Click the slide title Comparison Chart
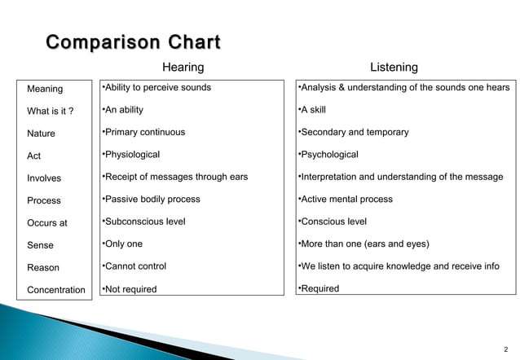133,42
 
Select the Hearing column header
183,68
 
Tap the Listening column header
394,68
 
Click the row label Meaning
45,89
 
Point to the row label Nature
42,134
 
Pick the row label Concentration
56,290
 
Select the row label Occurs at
47,223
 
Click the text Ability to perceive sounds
156,88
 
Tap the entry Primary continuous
143,132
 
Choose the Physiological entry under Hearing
130,155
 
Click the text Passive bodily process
150,200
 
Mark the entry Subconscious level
143,222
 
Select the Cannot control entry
134,266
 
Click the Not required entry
129,289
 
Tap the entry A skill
312,110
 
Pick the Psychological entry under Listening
328,155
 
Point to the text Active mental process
346,200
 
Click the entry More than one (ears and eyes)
364,244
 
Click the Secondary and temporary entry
353,132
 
